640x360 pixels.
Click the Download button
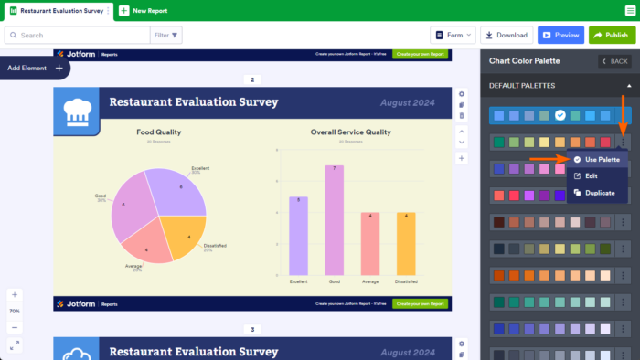[507, 35]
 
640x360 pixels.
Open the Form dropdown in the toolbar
[453, 35]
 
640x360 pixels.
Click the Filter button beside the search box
[167, 35]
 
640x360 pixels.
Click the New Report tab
[144, 10]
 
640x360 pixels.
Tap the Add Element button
[35, 68]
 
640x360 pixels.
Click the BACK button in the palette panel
[613, 61]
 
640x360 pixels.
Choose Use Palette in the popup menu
[597, 159]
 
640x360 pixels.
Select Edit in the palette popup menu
[592, 175]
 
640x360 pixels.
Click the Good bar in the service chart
[334, 220]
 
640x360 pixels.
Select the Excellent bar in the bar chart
[298, 236]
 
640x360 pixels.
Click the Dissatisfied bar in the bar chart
[406, 244]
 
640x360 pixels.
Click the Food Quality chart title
[158, 132]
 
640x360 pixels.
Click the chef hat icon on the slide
[76, 111]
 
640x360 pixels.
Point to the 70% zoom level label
[15, 311]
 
